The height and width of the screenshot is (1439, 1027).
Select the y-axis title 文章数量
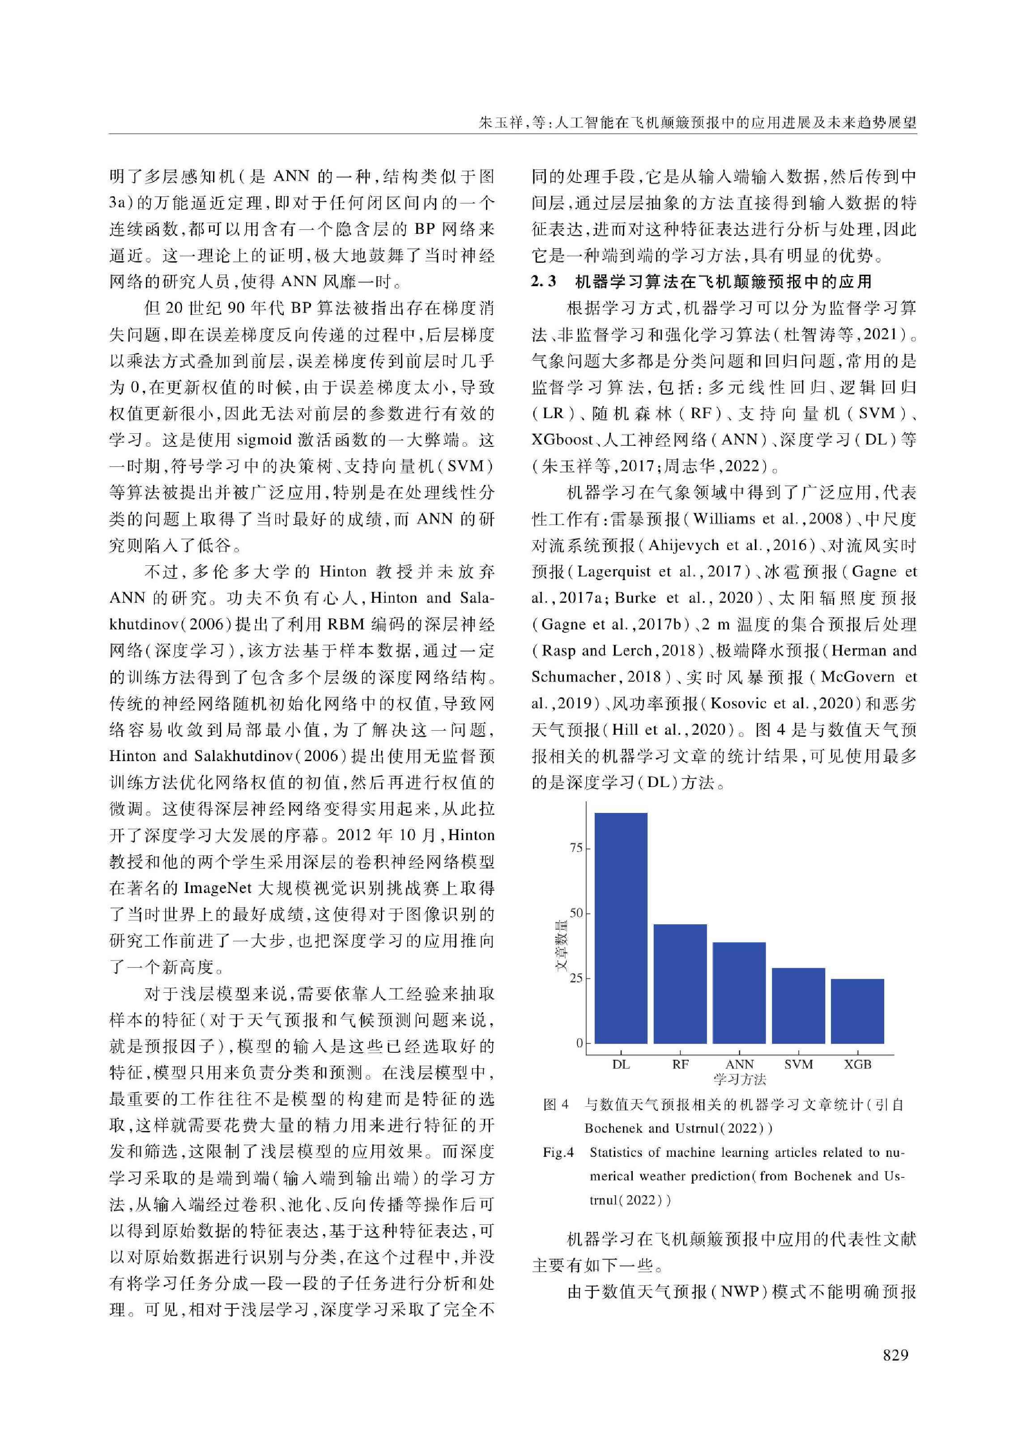point(561,946)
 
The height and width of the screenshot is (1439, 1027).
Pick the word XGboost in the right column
point(562,440)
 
